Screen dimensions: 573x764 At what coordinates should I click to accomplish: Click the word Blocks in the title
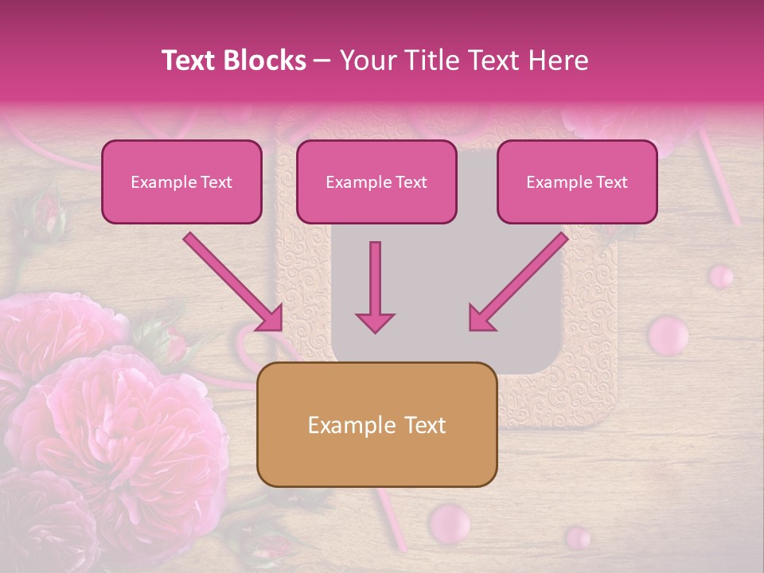tap(263, 60)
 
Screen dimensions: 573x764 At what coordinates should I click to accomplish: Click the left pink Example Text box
tap(181, 181)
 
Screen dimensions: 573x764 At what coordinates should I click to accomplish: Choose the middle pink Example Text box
tap(376, 181)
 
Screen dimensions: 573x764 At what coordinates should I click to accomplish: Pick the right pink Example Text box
tap(577, 181)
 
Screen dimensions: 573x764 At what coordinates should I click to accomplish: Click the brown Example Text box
tap(376, 424)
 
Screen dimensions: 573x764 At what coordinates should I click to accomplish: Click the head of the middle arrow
tap(375, 321)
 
